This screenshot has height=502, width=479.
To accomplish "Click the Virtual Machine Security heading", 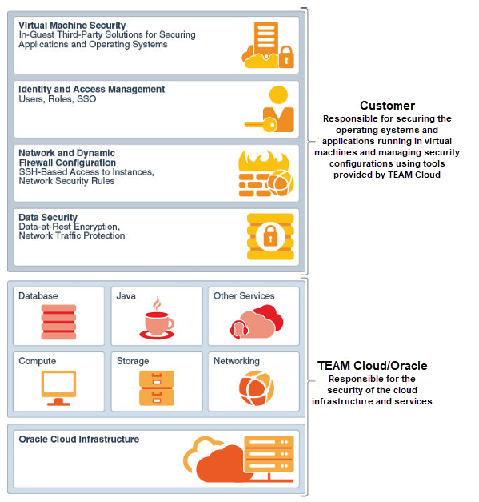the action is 72,26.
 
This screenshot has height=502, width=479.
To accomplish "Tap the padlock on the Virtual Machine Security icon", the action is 286,57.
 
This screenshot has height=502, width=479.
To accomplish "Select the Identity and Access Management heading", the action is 91,89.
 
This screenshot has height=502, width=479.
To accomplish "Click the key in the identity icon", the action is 261,124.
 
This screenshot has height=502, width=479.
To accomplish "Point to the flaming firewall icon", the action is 266,173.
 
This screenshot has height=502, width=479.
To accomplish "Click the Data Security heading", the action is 48,218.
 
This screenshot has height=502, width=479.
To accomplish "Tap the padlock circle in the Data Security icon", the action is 270,237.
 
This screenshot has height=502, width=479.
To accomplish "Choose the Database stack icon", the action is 58,322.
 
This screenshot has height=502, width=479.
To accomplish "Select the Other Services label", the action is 244,295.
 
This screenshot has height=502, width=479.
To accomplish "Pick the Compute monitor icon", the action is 58,388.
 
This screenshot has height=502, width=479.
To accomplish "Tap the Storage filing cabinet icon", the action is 157,388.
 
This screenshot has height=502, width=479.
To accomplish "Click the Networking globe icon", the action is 257,388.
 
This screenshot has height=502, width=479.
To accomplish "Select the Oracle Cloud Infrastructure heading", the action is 79,439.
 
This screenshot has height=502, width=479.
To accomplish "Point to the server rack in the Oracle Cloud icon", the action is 269,454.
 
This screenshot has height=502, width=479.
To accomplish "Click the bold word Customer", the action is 387,106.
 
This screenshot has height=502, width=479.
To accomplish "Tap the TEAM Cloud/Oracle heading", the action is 372,366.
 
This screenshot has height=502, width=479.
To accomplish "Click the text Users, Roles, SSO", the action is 58,99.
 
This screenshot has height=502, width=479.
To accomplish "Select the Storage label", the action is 133,361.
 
